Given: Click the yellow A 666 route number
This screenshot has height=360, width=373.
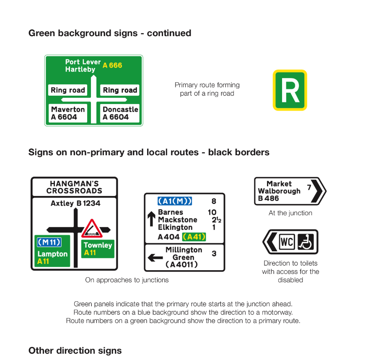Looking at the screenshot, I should (x=112, y=65).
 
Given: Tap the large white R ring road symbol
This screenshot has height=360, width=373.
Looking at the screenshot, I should (x=290, y=90).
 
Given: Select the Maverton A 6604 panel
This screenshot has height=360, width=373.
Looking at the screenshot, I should (x=68, y=113).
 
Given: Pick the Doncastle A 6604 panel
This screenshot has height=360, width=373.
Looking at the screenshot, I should (x=120, y=113).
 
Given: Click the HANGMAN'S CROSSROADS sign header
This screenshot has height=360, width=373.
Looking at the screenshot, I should (x=74, y=187).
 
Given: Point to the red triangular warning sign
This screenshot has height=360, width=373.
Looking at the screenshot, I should (x=92, y=229).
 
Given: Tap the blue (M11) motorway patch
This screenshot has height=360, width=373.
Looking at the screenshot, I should (x=49, y=242).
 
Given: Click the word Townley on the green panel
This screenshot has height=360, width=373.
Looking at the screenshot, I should (x=98, y=245).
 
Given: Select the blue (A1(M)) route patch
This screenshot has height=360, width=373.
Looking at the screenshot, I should (x=175, y=201).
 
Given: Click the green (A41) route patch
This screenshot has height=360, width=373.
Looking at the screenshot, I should (x=194, y=237).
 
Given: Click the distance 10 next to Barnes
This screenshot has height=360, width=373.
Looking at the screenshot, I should (x=212, y=212).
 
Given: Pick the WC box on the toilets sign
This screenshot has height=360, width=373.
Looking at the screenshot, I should (x=287, y=242).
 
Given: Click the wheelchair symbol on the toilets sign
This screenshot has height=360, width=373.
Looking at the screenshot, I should (x=306, y=242).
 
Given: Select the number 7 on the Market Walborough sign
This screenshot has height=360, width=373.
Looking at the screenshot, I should (x=309, y=187).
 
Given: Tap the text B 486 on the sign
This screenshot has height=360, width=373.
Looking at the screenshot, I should (x=269, y=198).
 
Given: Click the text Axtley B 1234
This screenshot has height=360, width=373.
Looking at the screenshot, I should (x=75, y=203).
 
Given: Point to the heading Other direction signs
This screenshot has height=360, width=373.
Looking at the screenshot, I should (x=75, y=350).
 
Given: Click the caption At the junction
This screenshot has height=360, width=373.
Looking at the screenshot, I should (x=290, y=213).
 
